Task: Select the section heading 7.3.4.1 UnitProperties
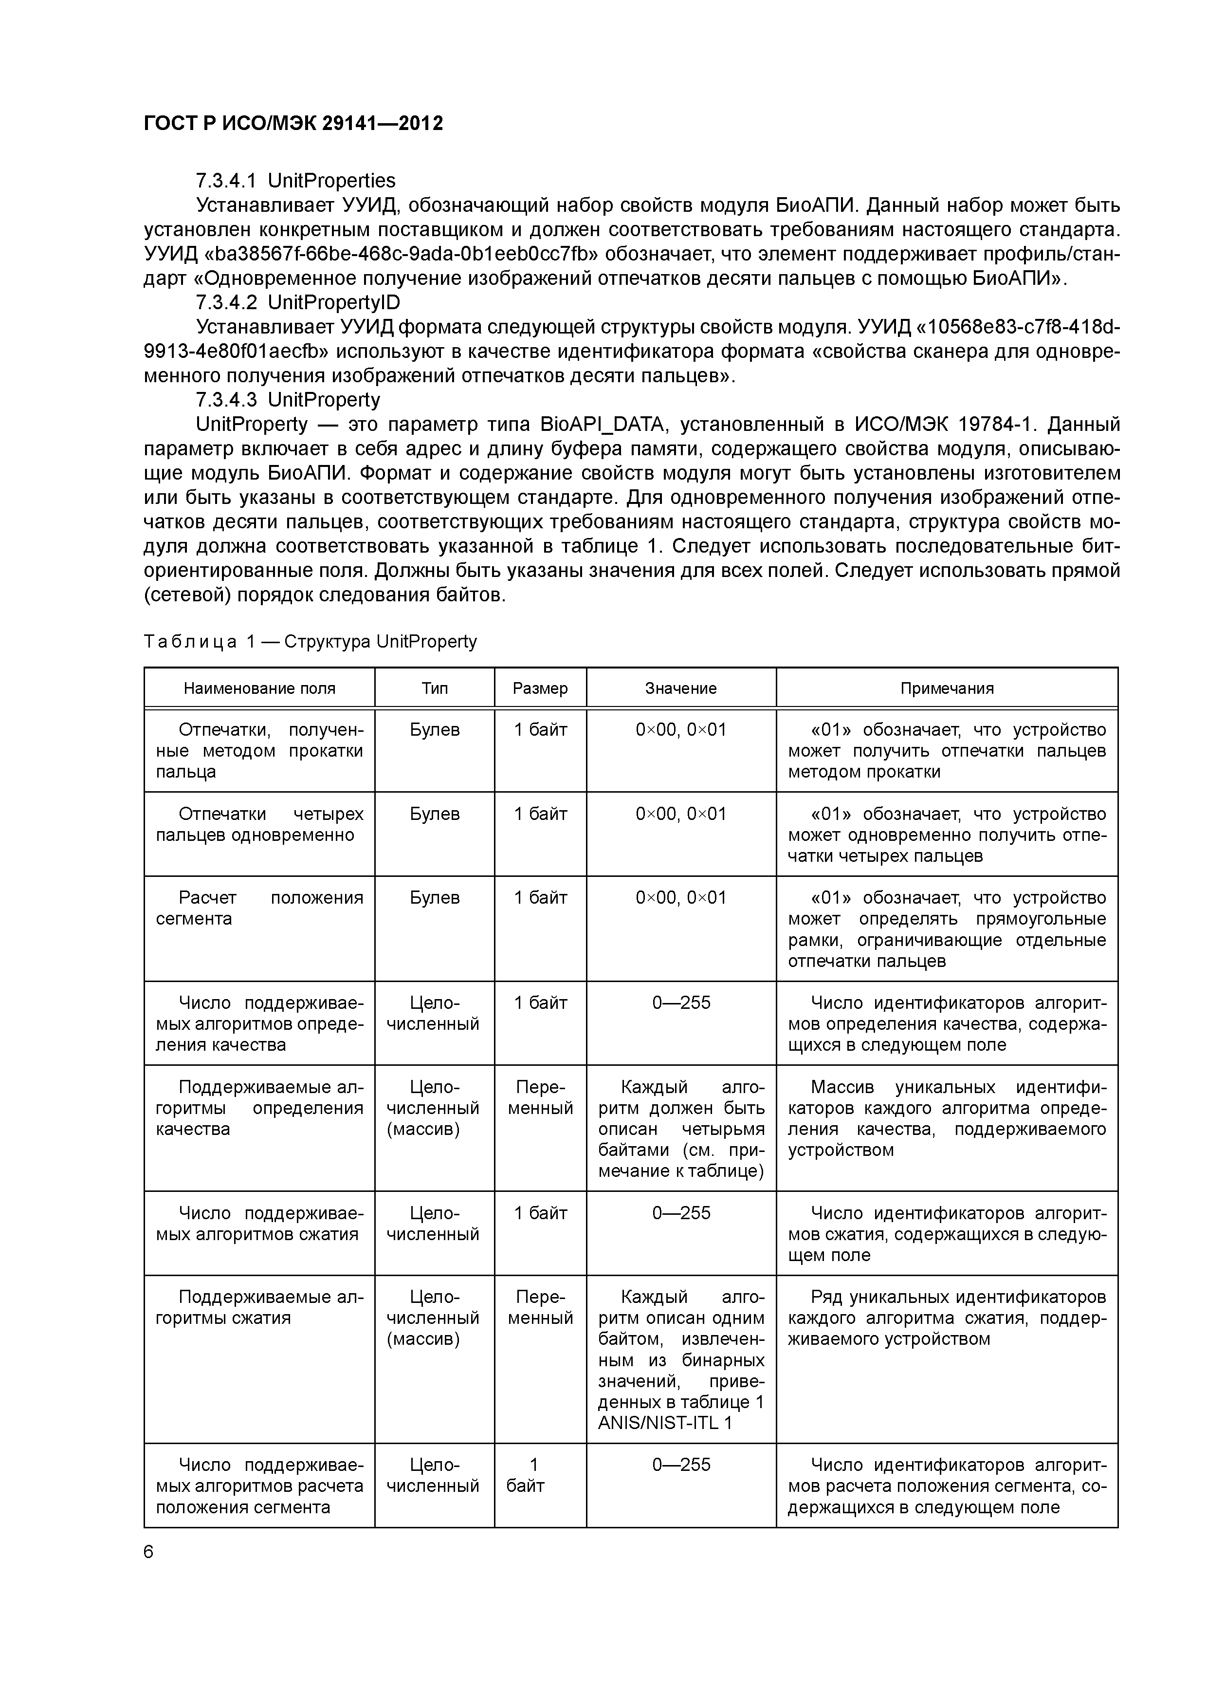(x=295, y=181)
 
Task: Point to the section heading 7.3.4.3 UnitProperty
(x=287, y=400)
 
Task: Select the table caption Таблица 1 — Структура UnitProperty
(x=310, y=641)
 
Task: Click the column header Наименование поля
(x=259, y=688)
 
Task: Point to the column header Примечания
(x=947, y=688)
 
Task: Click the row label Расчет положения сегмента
(x=259, y=909)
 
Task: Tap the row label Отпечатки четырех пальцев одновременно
(x=259, y=824)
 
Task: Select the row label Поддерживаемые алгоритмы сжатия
(x=259, y=1308)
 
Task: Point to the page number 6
(x=149, y=1553)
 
